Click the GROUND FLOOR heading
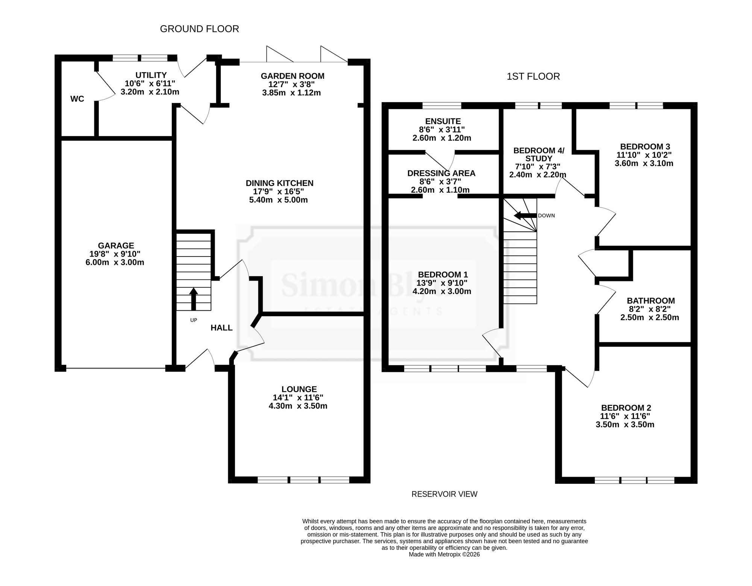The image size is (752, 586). pyautogui.click(x=199, y=29)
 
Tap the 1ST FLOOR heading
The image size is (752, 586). pyautogui.click(x=533, y=77)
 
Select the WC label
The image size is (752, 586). pyautogui.click(x=77, y=99)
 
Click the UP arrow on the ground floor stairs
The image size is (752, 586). pyautogui.click(x=193, y=299)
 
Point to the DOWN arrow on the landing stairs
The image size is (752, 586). pyautogui.click(x=525, y=216)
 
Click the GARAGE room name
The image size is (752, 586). pyautogui.click(x=116, y=246)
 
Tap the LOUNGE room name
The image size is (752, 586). pyautogui.click(x=299, y=390)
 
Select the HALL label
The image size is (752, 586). pyautogui.click(x=221, y=328)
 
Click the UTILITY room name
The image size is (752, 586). pyautogui.click(x=151, y=75)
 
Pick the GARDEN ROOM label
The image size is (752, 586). pyautogui.click(x=293, y=76)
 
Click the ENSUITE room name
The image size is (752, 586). pyautogui.click(x=443, y=121)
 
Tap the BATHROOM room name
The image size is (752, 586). pyautogui.click(x=651, y=301)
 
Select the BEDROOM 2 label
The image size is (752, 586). pyautogui.click(x=626, y=408)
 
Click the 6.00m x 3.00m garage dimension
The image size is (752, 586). pyautogui.click(x=115, y=262)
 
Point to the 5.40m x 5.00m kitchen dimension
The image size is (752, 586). pyautogui.click(x=279, y=200)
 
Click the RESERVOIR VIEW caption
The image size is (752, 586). pyautogui.click(x=444, y=494)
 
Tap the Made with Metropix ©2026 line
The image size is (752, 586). pyautogui.click(x=444, y=554)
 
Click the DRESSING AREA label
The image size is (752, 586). pyautogui.click(x=441, y=174)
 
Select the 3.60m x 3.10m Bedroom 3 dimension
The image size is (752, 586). pyautogui.click(x=644, y=163)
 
